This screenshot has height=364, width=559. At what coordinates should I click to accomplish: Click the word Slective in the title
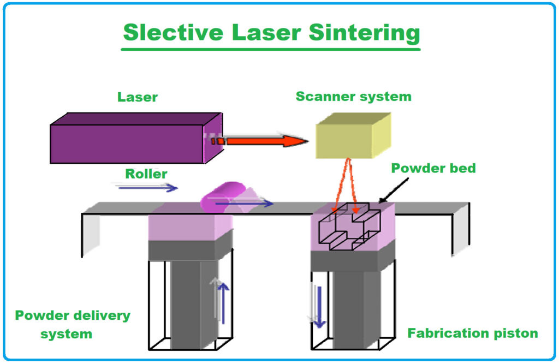pyautogui.click(x=173, y=32)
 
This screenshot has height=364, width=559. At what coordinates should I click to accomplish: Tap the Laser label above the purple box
pyautogui.click(x=138, y=97)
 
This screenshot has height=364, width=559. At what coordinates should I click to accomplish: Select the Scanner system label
pyautogui.click(x=354, y=97)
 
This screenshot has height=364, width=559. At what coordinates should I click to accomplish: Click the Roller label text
pyautogui.click(x=146, y=174)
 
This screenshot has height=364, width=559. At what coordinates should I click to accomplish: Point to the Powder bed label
pyautogui.click(x=433, y=168)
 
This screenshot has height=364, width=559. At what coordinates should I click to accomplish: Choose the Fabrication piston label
pyautogui.click(x=473, y=333)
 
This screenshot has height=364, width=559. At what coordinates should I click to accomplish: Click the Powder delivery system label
pyautogui.click(x=73, y=324)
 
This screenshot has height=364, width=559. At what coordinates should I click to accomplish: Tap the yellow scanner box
pyautogui.click(x=353, y=135)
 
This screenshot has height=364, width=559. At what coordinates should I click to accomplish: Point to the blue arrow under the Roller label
pyautogui.click(x=147, y=188)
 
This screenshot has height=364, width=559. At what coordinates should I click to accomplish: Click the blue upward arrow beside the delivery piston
pyautogui.click(x=223, y=303)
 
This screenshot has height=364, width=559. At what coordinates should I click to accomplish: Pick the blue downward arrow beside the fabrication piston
pyautogui.click(x=319, y=307)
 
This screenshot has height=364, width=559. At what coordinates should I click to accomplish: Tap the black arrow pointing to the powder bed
pyautogui.click(x=394, y=190)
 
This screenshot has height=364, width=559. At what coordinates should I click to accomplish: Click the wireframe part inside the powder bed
pyautogui.click(x=349, y=226)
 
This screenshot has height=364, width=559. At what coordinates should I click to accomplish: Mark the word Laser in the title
pyautogui.click(x=266, y=32)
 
